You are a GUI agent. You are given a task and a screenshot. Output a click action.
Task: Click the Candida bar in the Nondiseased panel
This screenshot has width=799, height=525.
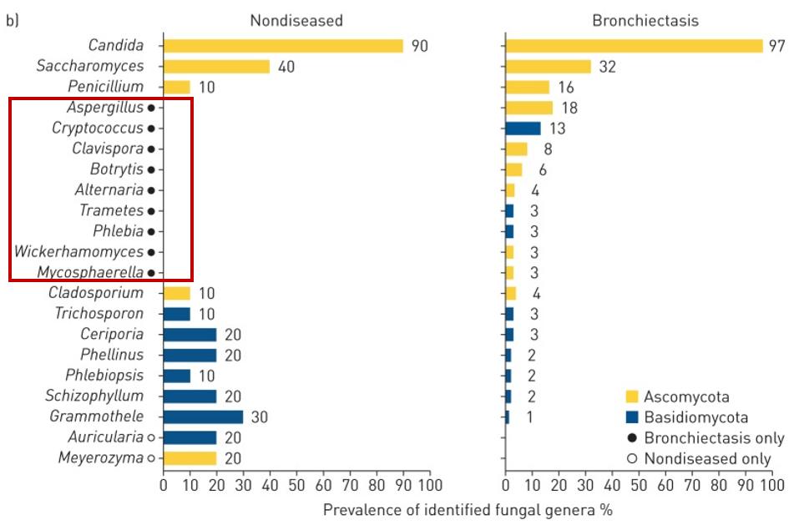[x=282, y=46]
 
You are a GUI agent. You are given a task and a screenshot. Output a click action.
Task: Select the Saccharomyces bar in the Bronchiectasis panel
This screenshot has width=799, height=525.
[x=548, y=67]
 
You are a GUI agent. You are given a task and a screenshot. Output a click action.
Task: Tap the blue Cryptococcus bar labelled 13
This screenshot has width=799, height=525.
[x=523, y=129]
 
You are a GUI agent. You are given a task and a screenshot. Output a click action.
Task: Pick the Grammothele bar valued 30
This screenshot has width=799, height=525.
[x=203, y=416]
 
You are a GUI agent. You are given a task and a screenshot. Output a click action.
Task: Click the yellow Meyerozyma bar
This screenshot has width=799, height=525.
[x=190, y=457]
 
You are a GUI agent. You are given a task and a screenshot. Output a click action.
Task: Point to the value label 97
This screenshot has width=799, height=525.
[x=777, y=46]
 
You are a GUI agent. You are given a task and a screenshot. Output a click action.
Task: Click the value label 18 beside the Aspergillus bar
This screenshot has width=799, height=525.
[x=569, y=108]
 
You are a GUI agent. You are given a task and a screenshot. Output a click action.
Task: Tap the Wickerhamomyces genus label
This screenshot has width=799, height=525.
[x=79, y=252]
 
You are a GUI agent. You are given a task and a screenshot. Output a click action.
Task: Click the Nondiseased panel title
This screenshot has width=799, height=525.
[x=296, y=20]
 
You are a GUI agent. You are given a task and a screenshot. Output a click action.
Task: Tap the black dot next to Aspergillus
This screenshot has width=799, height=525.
[x=151, y=108]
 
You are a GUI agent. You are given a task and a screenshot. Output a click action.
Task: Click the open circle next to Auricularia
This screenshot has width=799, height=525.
[x=151, y=437]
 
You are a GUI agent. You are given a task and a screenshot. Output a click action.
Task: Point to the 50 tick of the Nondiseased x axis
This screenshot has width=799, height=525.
[x=296, y=485]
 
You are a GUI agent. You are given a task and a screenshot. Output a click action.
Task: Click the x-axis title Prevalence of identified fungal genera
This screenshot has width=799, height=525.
[x=468, y=509]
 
